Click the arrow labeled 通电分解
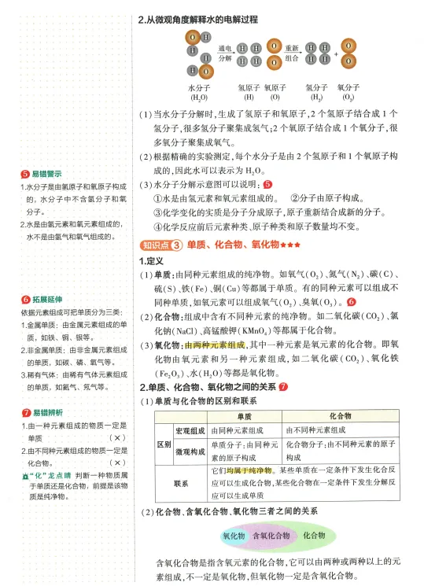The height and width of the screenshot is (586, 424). click(225, 53)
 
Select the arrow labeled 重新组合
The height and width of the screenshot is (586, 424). click(292, 53)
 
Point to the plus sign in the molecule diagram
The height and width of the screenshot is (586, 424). click(336, 54)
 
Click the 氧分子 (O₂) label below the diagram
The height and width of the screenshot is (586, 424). click(347, 92)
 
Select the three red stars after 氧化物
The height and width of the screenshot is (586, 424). click(290, 245)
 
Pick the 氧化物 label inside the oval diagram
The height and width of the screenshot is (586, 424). click(234, 536)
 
